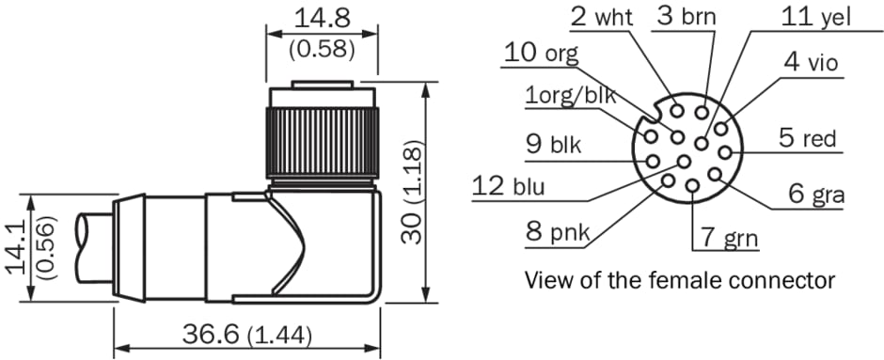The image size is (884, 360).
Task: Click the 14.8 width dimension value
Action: tap(323, 18)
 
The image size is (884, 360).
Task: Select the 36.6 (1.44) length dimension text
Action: tap(247, 336)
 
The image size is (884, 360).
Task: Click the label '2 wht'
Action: tap(601, 18)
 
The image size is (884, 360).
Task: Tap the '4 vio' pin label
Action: tap(810, 62)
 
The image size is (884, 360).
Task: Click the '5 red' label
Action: tap(807, 138)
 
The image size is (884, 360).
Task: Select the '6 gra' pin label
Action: tap(815, 195)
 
